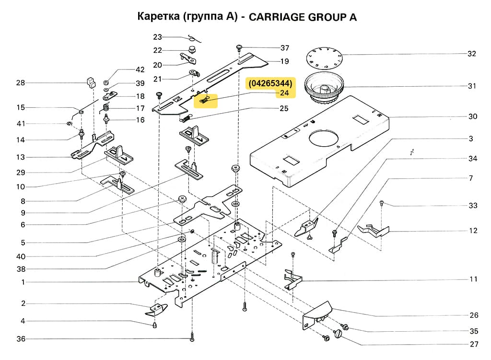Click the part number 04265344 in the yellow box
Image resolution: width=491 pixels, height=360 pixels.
click(x=270, y=83)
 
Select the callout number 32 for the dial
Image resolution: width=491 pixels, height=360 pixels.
click(x=472, y=54)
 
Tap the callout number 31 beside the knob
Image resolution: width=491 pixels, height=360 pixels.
click(x=472, y=86)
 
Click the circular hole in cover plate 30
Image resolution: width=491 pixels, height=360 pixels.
click(x=325, y=139)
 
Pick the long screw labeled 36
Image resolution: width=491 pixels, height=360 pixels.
click(x=192, y=337)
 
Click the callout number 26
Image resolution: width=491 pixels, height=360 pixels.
click(x=474, y=315)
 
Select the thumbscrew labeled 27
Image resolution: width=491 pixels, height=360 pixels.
click(x=341, y=333)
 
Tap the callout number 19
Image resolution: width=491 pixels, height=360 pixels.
click(x=284, y=61)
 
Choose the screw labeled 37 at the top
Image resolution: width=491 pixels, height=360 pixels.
click(x=239, y=47)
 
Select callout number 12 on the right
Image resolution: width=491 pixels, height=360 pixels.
click(x=473, y=231)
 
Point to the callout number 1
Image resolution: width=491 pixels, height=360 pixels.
click(x=23, y=282)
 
